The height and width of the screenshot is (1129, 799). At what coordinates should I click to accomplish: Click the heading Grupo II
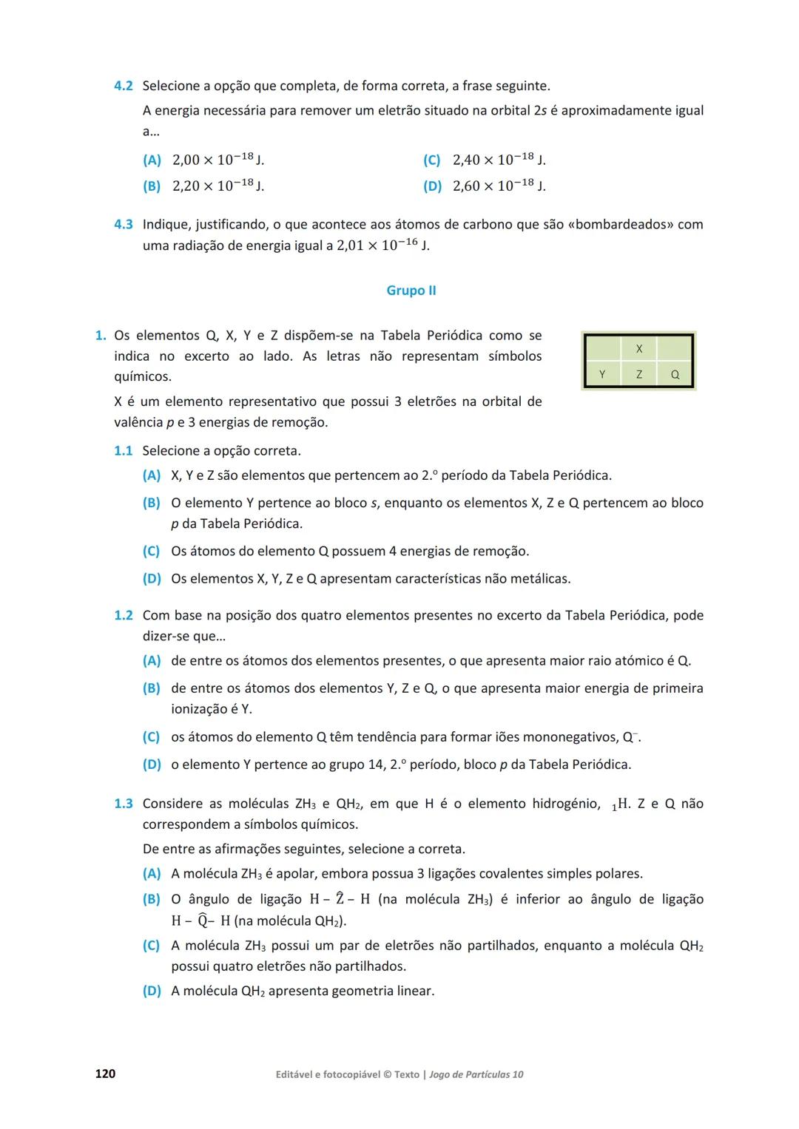coord(411,291)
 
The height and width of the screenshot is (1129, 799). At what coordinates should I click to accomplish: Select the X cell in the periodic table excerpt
coord(639,348)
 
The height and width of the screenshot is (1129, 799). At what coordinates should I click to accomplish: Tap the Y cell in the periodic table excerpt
coord(602,374)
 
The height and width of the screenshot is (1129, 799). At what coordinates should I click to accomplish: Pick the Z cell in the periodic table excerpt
coord(639,374)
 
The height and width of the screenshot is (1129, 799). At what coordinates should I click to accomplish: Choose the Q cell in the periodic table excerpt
coord(675,374)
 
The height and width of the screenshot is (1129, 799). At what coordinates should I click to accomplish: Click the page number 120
coord(105,1074)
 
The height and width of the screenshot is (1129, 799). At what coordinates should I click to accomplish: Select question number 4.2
coord(124,86)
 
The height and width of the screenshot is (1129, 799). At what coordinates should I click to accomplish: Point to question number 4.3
coord(124,224)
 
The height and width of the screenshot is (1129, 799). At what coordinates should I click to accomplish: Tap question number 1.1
coord(124,450)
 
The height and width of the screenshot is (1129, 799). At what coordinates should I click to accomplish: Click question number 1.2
coord(124,615)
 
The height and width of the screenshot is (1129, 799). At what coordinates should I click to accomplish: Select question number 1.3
coord(124,804)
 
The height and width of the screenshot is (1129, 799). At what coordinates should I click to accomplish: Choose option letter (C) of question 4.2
coord(432,160)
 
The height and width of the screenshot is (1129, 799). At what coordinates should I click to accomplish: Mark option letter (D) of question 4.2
coord(432,186)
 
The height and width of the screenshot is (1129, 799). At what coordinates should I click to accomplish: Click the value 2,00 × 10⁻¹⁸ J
coord(218,160)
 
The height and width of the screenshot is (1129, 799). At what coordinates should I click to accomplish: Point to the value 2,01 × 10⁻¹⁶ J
coord(382,245)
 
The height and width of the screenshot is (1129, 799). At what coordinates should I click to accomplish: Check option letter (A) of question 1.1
coord(152,475)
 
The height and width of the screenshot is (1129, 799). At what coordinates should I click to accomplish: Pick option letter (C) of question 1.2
coord(152,737)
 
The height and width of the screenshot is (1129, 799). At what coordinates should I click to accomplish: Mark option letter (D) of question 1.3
coord(152,991)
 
